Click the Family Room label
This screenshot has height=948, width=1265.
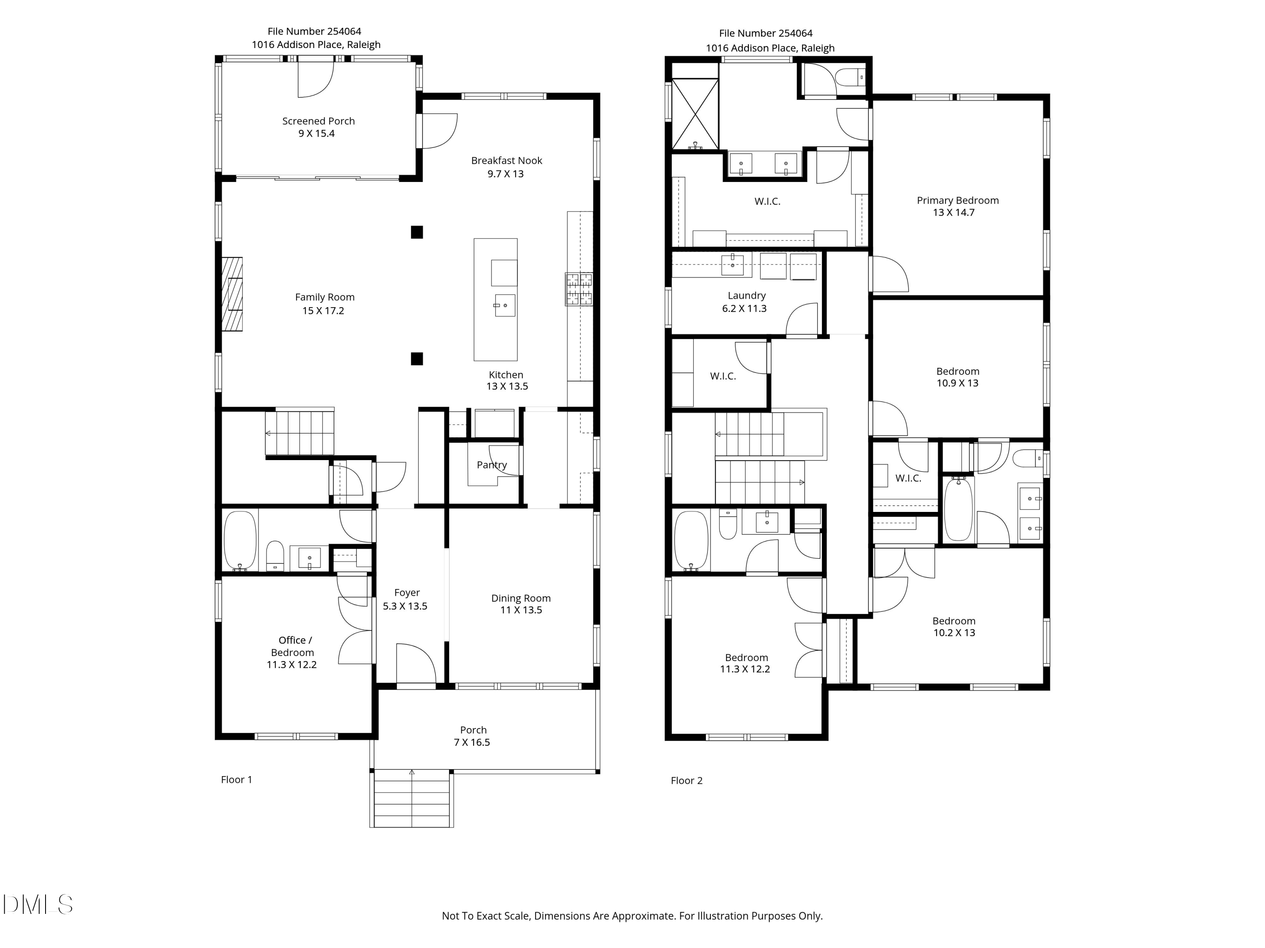[x=325, y=297]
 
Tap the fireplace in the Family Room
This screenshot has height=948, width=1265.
[x=232, y=294]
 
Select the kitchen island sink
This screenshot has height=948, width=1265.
[x=504, y=306]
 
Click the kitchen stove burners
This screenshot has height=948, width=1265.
[x=579, y=289]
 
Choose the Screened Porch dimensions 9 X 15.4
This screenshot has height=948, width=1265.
[x=316, y=134]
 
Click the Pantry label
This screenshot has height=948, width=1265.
[x=492, y=465]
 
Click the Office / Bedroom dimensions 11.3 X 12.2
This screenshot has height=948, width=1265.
[x=292, y=664]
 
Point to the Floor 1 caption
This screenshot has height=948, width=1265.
[x=237, y=779]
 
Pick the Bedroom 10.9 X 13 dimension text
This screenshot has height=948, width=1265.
[x=957, y=383]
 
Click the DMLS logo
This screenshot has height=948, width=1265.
[x=38, y=905]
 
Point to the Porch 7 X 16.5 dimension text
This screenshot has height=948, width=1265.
[x=472, y=742]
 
